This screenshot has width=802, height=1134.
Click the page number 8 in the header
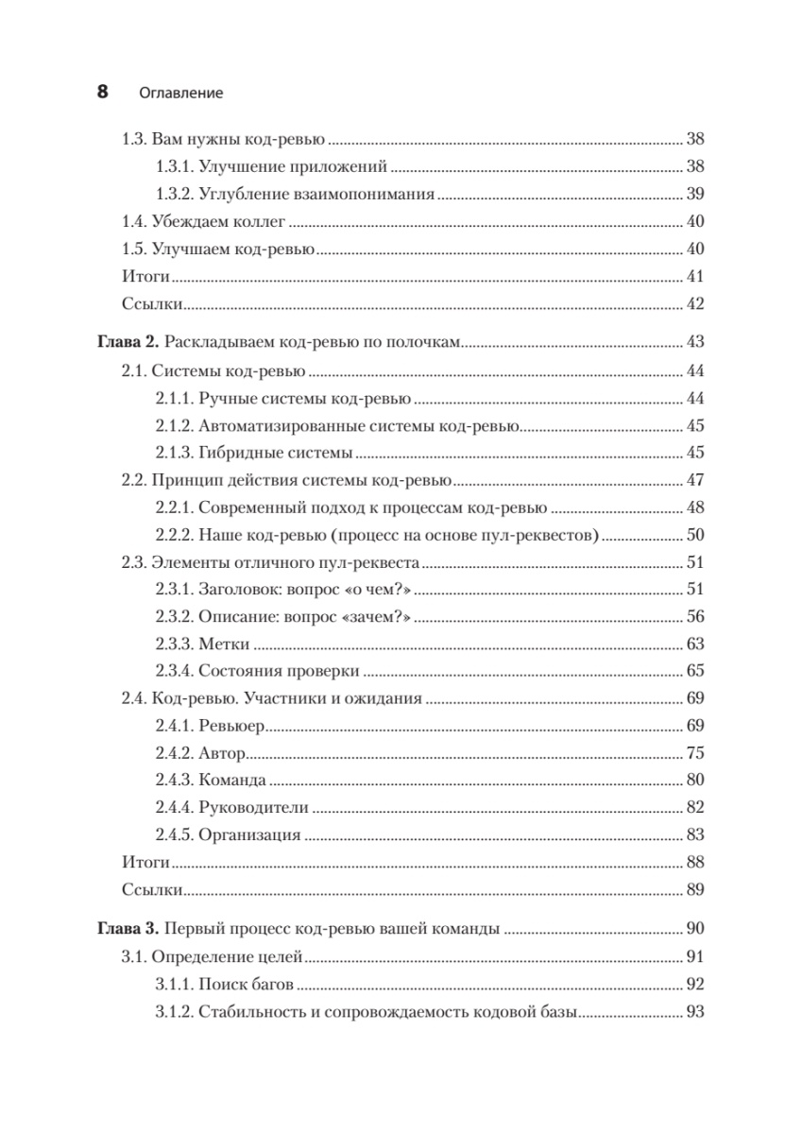point(102,93)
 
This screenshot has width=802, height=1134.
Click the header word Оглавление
point(180,94)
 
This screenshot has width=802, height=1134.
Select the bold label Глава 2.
point(121,341)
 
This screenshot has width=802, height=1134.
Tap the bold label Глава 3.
point(121,928)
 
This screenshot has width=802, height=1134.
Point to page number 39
point(695,195)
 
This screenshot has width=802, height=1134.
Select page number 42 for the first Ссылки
point(695,305)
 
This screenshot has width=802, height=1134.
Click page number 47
point(695,480)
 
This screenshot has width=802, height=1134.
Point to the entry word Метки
point(225,645)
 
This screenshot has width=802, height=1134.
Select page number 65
point(695,673)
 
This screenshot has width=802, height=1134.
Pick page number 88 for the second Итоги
point(695,862)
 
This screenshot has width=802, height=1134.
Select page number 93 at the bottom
point(695,1011)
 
